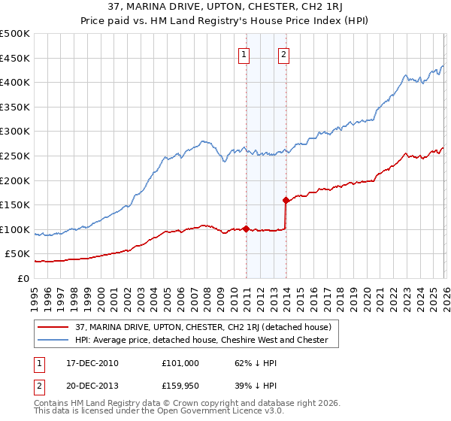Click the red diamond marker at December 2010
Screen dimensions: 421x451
246,229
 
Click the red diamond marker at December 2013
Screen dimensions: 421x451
286,200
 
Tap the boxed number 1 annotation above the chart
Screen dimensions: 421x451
245,53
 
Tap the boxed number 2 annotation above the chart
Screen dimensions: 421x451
284,53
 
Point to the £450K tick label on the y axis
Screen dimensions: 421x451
15,58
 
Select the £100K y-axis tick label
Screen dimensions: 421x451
15,229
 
